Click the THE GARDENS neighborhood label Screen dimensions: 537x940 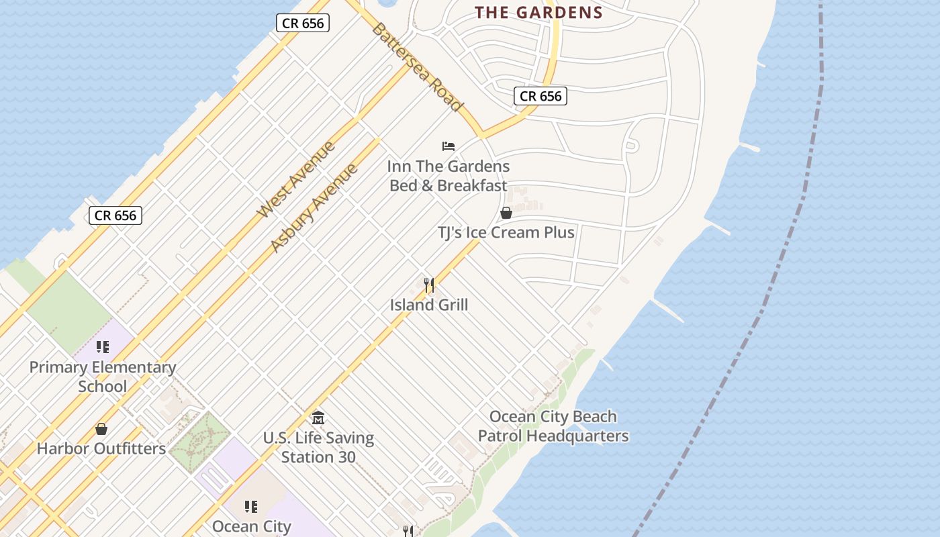click(538, 12)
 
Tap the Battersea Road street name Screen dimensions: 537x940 click(417, 67)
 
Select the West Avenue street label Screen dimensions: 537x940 click(296, 179)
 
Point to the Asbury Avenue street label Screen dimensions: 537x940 click(314, 207)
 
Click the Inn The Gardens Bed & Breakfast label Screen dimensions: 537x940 click(449, 176)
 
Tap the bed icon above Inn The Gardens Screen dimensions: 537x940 click(449, 146)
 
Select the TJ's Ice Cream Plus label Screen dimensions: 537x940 click(506, 232)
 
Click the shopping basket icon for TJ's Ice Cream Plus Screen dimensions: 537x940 click(506, 213)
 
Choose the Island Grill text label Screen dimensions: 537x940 click(429, 305)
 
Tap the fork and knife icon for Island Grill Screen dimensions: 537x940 click(429, 285)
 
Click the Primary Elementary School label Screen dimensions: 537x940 click(102, 377)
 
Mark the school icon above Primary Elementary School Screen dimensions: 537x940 click(102, 347)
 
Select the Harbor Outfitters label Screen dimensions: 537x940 click(101, 448)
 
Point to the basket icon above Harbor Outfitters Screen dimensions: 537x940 click(101, 429)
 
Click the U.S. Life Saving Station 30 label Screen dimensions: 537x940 click(318, 447)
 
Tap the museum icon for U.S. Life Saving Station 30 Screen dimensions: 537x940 click(318, 418)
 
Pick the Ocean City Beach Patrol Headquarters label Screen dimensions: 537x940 click(553, 426)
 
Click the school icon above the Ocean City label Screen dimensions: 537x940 click(251, 506)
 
